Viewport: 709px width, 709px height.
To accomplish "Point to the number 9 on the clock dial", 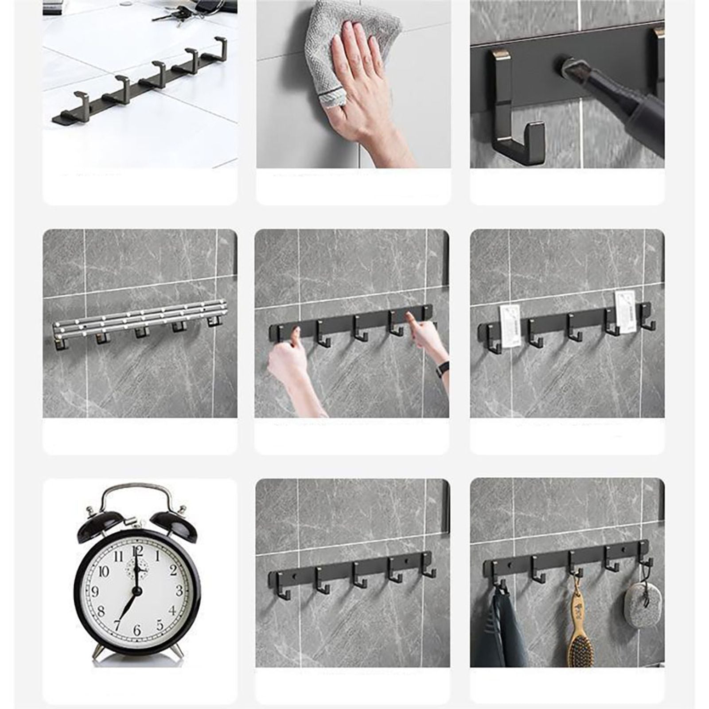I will coord(95,591).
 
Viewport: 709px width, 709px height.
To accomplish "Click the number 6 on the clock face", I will coord(137,629).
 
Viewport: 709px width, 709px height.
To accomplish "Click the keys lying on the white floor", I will coord(177,16).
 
